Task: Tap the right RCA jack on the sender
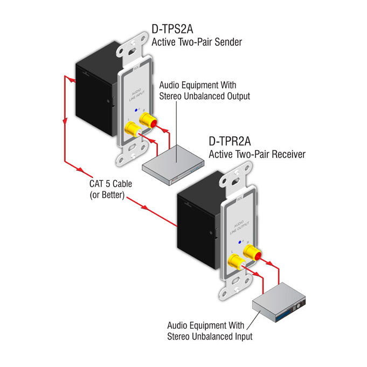[x=146, y=116]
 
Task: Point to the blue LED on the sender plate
[x=137, y=108]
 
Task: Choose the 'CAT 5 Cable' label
[x=110, y=184]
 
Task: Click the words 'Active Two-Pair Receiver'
[x=257, y=155]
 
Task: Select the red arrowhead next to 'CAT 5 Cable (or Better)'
[x=144, y=207]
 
